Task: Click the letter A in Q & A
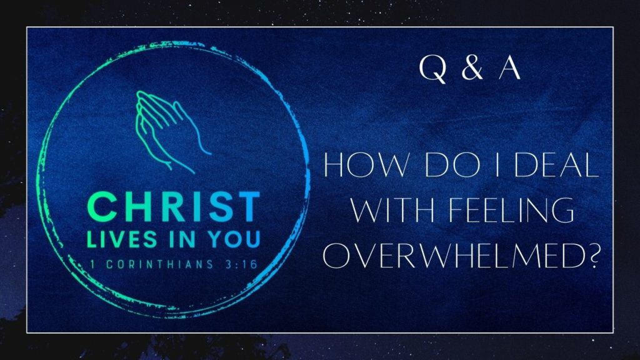coord(509,69)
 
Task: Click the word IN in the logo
coord(182,239)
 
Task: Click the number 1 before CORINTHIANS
coord(94,263)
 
